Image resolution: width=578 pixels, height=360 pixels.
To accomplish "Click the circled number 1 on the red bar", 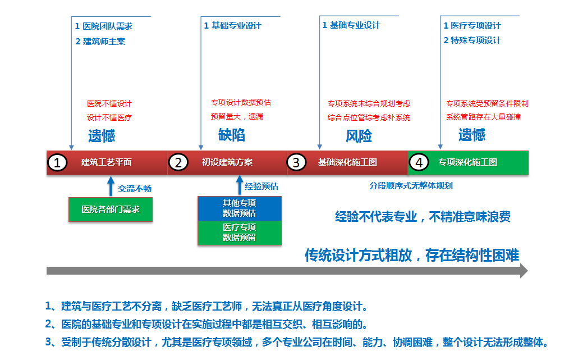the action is [57, 163].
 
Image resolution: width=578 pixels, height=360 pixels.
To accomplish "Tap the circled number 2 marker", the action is [178, 162].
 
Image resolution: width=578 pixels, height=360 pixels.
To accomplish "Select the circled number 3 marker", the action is [296, 162].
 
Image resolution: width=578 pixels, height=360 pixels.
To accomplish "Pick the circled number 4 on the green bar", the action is [419, 162].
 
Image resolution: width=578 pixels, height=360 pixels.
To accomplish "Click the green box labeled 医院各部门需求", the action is [111, 209].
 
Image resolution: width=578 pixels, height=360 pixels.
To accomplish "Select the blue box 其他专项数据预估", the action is [240, 208].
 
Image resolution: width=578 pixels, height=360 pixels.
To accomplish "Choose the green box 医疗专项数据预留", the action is [240, 233].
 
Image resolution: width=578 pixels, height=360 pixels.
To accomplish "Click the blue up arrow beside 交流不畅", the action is [111, 186].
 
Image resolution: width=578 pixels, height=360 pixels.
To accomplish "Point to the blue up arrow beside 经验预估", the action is [240, 185].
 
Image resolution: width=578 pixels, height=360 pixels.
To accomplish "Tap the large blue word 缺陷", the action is [232, 135].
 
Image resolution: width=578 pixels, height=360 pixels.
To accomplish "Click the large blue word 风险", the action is [359, 136].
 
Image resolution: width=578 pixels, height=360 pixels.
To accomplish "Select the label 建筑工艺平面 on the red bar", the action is [107, 162].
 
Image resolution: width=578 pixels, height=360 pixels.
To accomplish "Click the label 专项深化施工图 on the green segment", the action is [468, 162].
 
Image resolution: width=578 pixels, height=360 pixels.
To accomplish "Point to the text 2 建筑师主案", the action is [100, 42].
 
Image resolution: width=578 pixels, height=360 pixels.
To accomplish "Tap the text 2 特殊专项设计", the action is [472, 40].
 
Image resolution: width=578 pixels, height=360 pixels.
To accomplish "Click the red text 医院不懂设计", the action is [109, 104].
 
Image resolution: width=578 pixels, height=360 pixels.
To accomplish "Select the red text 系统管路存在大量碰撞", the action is [483, 117].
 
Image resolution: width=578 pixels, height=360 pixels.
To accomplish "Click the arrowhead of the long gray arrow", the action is [524, 271].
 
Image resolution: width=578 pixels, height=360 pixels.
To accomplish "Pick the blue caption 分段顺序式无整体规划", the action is [411, 186].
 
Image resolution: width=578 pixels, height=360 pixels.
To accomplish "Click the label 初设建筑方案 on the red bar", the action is [227, 162].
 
